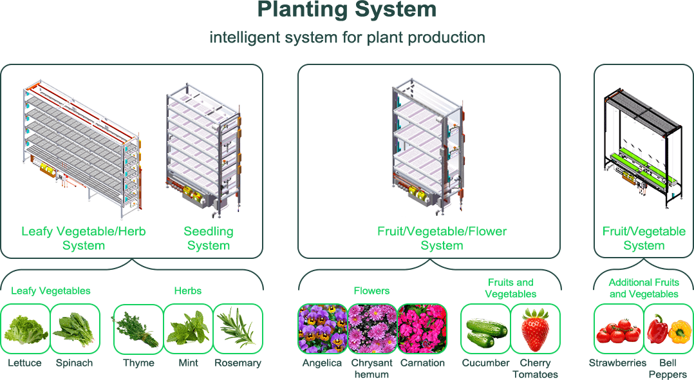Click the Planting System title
tap(347, 10)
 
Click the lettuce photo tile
tap(25, 328)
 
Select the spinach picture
tap(75, 328)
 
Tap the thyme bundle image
tap(137, 328)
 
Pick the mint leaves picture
tap(187, 328)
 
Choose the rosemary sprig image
tap(238, 328)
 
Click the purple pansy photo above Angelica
tap(322, 328)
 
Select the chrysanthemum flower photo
tap(372, 328)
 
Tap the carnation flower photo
tap(422, 328)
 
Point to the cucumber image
tap(485, 328)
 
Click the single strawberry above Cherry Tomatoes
tap(535, 328)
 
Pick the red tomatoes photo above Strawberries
tap(618, 328)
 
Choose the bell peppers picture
tap(668, 328)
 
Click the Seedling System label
tap(209, 238)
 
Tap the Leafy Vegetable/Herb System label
tap(84, 238)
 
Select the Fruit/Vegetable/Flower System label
tap(442, 238)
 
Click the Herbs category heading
tap(187, 290)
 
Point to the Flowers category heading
tap(371, 290)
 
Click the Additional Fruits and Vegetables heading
tap(644, 288)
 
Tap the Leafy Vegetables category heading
tap(51, 290)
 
